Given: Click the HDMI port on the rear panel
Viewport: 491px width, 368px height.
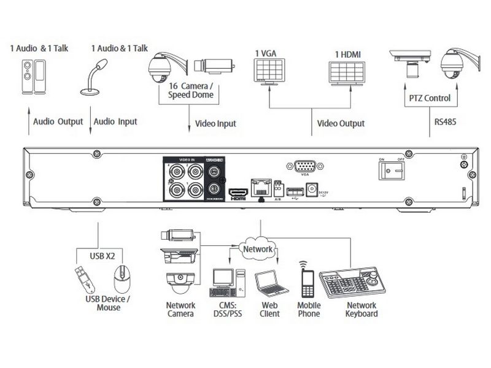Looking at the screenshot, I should (237, 193).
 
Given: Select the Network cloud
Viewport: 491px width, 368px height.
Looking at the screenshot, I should (259, 249).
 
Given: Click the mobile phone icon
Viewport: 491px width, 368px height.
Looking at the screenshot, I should (307, 283).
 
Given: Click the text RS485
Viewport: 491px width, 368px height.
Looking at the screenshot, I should (445, 122).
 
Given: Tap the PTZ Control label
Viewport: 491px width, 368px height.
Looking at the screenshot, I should (430, 98).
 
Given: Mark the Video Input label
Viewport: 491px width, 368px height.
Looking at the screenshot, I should (215, 123).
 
